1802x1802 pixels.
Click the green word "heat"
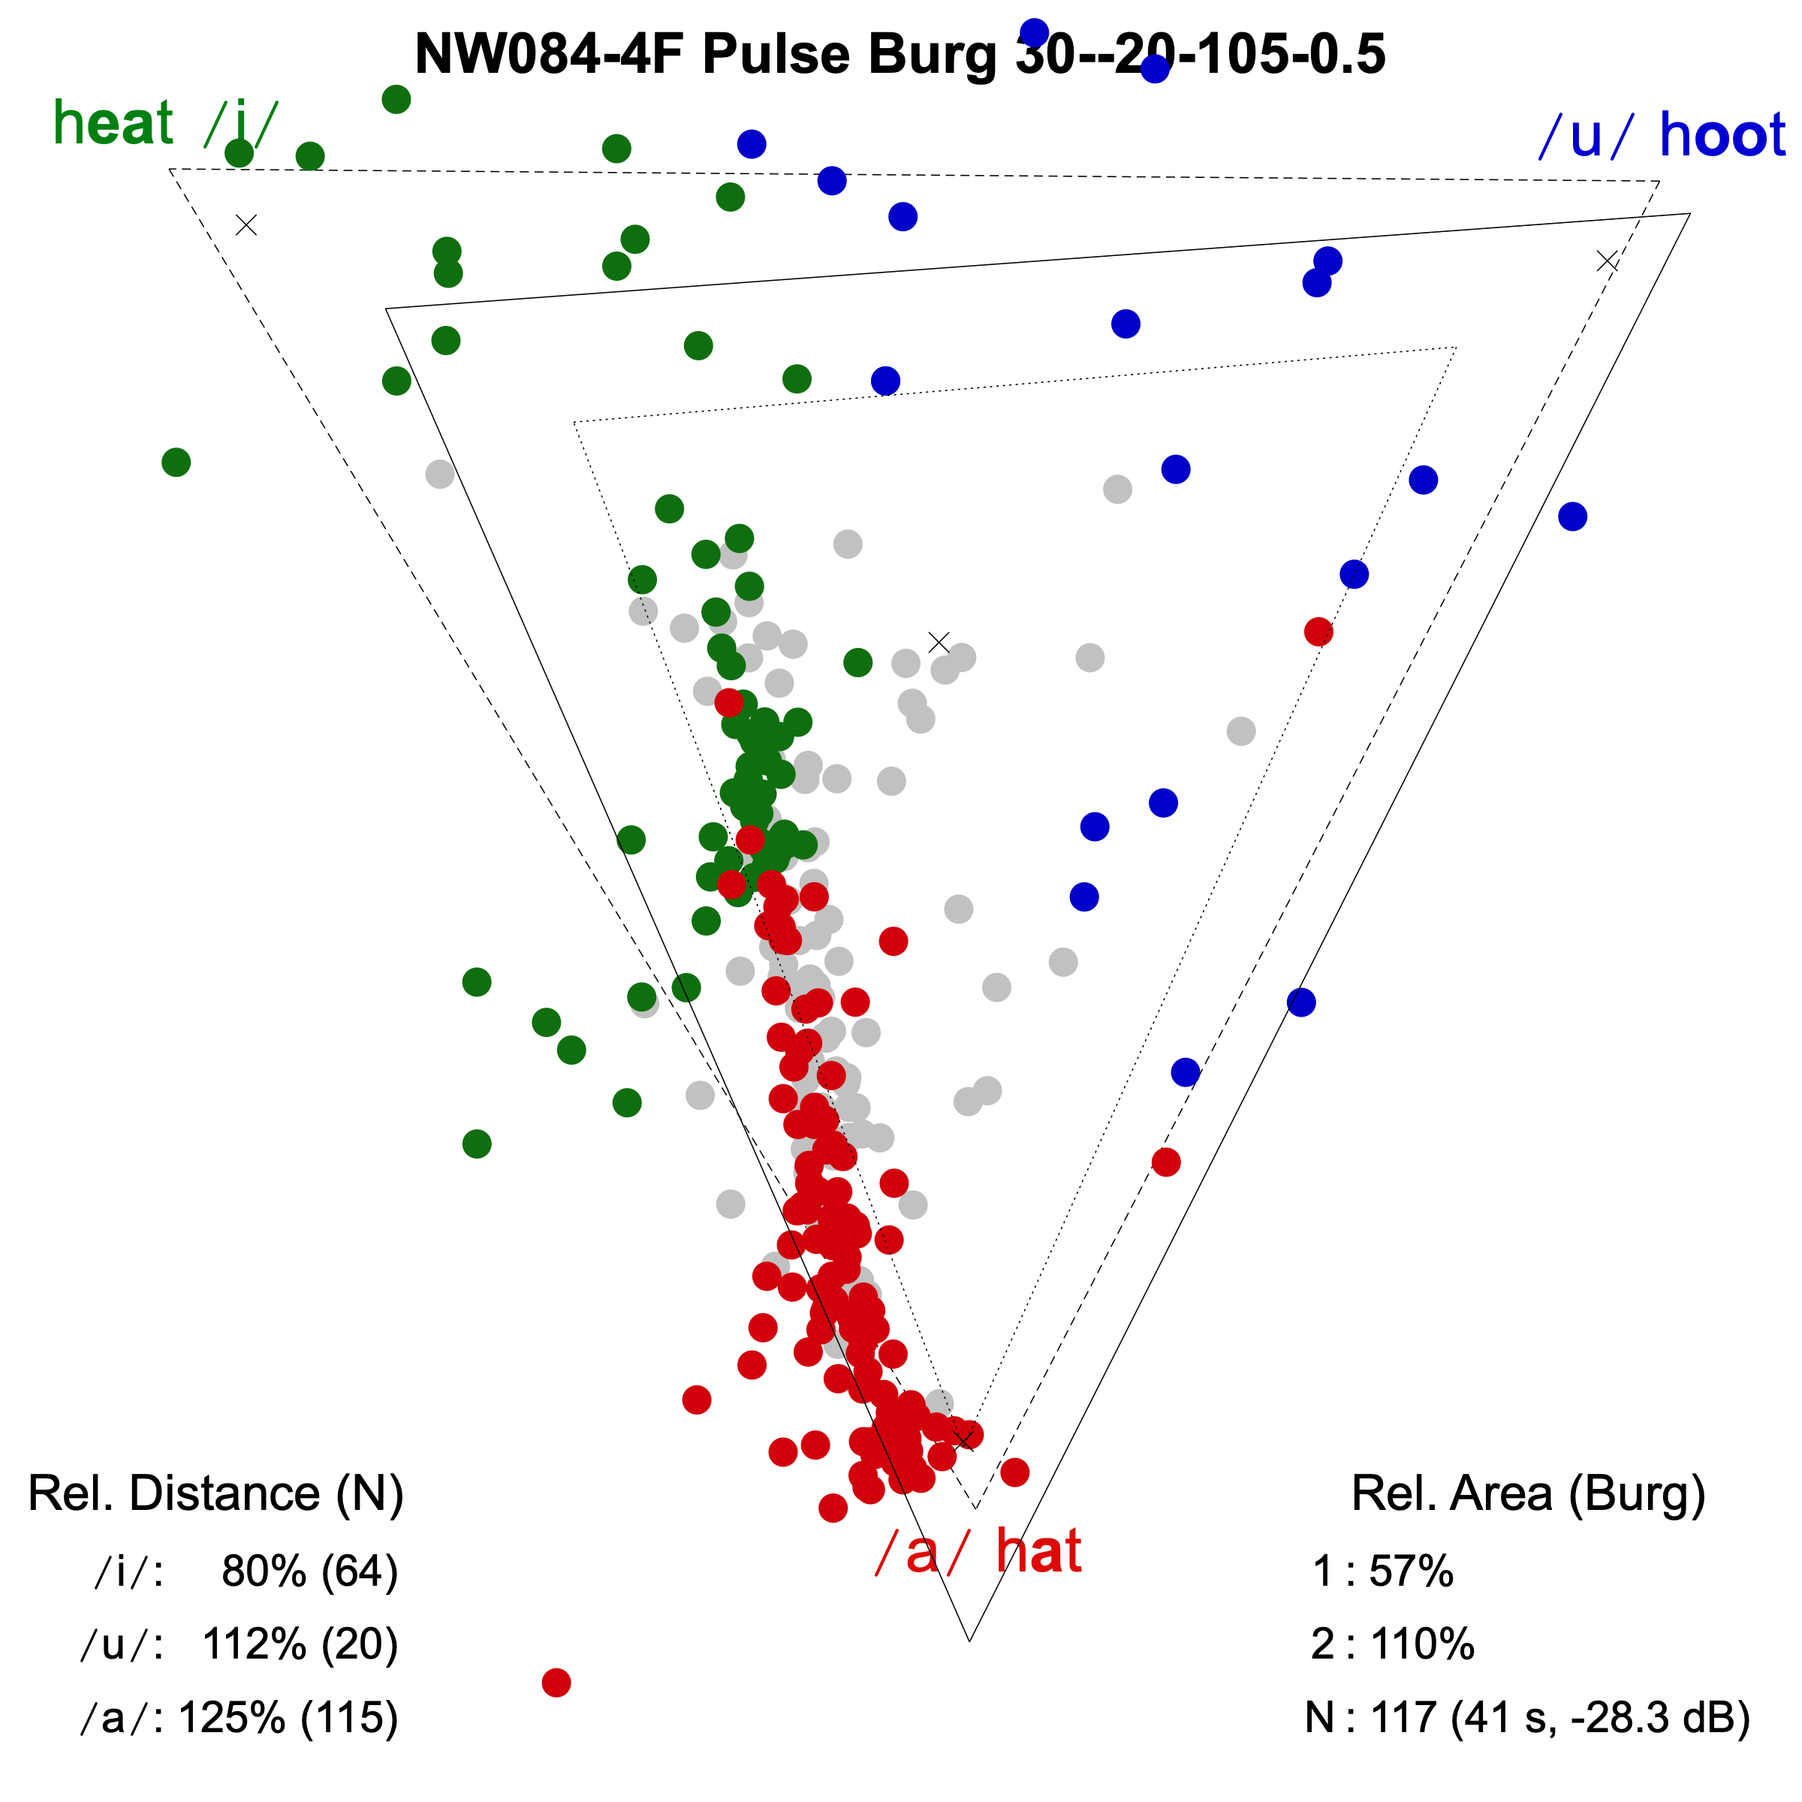(113, 123)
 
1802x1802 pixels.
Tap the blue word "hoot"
(1722, 135)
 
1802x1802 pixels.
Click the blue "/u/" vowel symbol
(1585, 136)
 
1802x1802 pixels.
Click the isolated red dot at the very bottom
(556, 1683)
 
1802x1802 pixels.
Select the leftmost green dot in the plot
(176, 462)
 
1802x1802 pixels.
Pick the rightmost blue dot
(1572, 516)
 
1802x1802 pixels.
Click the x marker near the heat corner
(246, 224)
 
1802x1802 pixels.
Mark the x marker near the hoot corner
(1607, 261)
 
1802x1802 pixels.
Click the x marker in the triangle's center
(939, 643)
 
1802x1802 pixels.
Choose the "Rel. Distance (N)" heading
(215, 1493)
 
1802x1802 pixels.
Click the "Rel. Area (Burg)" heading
(1528, 1493)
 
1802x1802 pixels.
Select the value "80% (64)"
(309, 1571)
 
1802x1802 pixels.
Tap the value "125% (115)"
(288, 1717)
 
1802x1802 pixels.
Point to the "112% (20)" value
(300, 1644)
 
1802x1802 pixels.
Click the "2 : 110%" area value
(1391, 1644)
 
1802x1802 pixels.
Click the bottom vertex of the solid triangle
(970, 1641)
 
